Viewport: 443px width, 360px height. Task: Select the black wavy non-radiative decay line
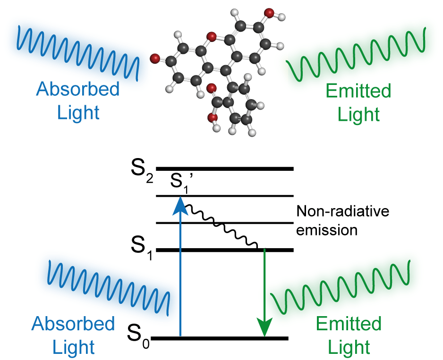(222, 226)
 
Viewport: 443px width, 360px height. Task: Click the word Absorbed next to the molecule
(78, 90)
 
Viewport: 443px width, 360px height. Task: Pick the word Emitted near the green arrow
(349, 324)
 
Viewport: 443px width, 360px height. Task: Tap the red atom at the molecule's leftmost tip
(154, 59)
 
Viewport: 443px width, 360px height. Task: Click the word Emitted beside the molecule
(358, 91)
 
